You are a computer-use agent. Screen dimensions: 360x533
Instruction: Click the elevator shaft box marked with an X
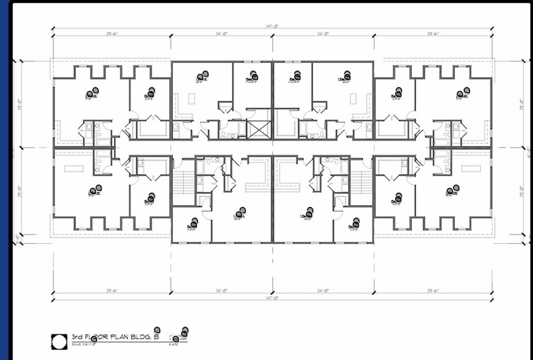tap(258, 130)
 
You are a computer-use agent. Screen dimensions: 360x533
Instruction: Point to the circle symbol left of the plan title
tap(59, 340)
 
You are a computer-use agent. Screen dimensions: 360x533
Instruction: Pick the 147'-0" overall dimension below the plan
tap(272, 298)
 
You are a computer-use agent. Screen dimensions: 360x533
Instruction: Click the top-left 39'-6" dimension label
tap(112, 34)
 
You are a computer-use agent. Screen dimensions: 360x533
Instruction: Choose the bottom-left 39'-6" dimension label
tap(112, 290)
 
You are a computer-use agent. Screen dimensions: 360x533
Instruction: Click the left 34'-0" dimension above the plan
tap(222, 34)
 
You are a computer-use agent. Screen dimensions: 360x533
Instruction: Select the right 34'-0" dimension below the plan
tap(324, 290)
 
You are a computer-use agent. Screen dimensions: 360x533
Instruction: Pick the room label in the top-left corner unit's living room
tap(92, 94)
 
